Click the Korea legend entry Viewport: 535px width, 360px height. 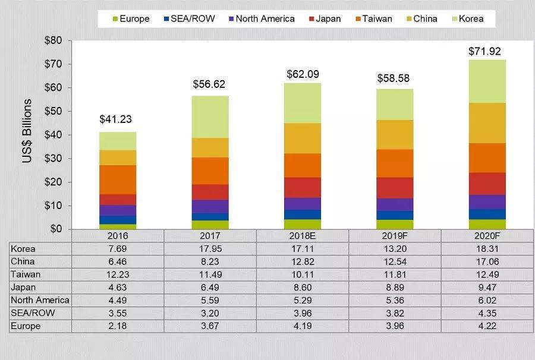pyautogui.click(x=466, y=18)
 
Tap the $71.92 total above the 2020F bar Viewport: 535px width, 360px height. pyautogui.click(x=487, y=51)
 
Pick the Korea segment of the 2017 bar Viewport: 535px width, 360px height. pyautogui.click(x=210, y=116)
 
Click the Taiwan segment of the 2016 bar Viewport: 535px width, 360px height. pyautogui.click(x=118, y=179)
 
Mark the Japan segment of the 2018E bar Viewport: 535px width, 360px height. pyautogui.click(x=303, y=187)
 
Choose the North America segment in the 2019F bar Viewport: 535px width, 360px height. pyautogui.click(x=395, y=204)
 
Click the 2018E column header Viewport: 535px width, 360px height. pyautogui.click(x=303, y=236)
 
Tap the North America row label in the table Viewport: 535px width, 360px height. pyautogui.click(x=40, y=300)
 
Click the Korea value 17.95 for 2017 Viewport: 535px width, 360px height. pyautogui.click(x=210, y=249)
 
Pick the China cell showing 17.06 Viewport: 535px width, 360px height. pyautogui.click(x=487, y=261)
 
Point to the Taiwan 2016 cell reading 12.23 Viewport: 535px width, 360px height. pyautogui.click(x=118, y=274)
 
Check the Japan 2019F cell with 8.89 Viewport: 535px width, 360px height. pyautogui.click(x=395, y=288)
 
